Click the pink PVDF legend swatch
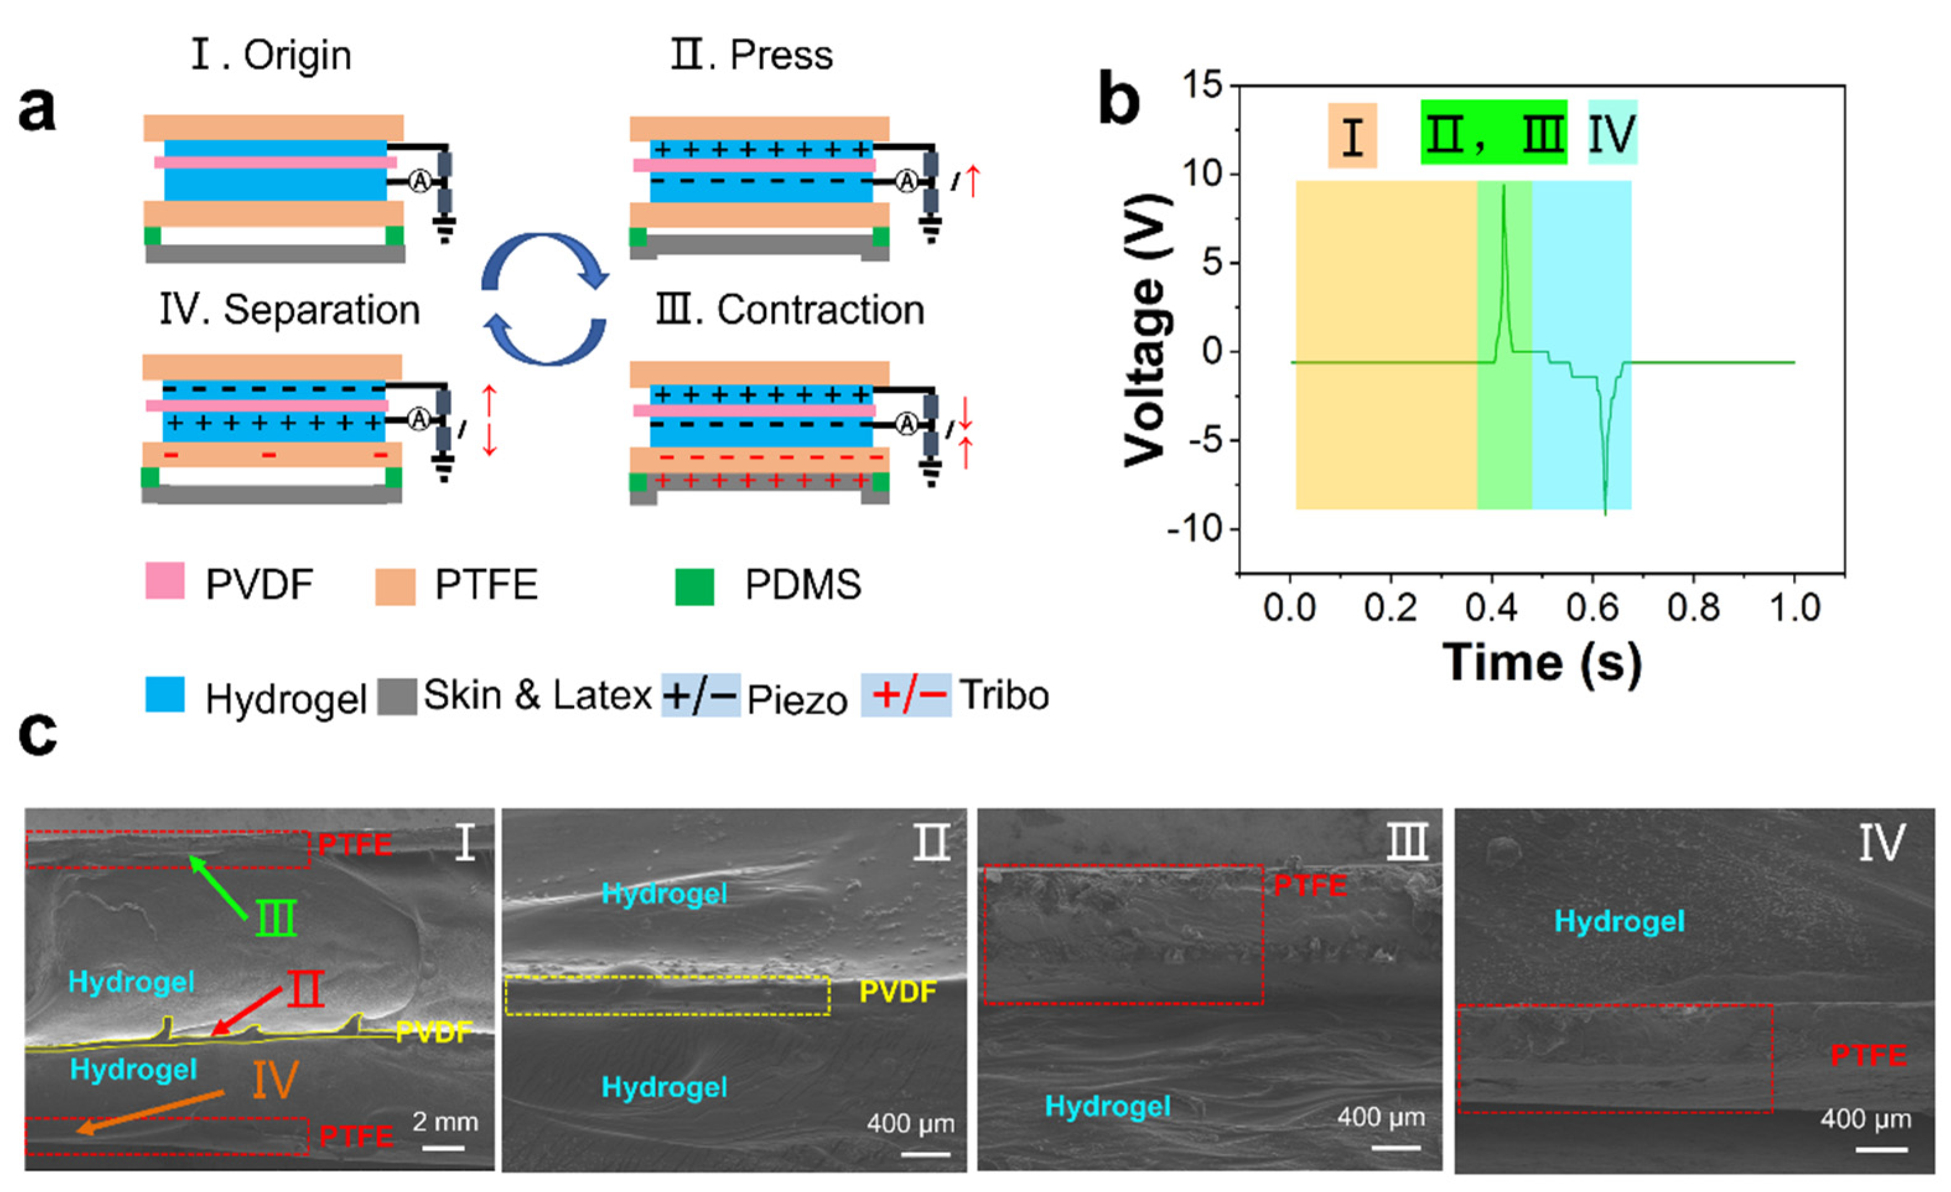click(x=165, y=581)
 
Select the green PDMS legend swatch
click(x=694, y=586)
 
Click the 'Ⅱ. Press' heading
click(x=751, y=55)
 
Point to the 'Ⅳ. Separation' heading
click(x=290, y=309)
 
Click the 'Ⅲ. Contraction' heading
click(x=790, y=309)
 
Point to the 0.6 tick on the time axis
click(x=1592, y=608)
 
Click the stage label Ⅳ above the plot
click(x=1612, y=133)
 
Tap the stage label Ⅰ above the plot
click(x=1353, y=136)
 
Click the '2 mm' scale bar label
click(x=445, y=1121)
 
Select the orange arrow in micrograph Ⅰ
click(x=151, y=1112)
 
